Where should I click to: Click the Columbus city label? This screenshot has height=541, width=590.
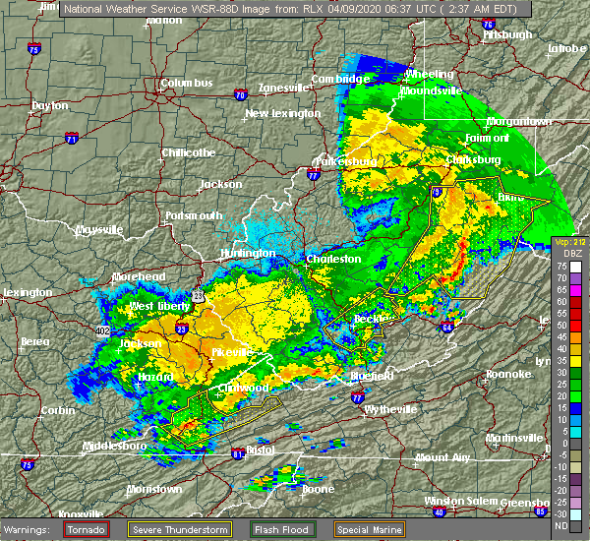pyautogui.click(x=187, y=84)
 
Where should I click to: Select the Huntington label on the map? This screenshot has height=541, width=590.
pyautogui.click(x=248, y=253)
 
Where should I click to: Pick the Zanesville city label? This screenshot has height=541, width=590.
pyautogui.click(x=284, y=88)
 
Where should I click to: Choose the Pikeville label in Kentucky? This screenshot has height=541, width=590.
pyautogui.click(x=233, y=351)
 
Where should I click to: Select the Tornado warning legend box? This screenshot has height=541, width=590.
pyautogui.click(x=87, y=528)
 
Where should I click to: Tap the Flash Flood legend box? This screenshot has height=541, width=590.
pyautogui.click(x=284, y=528)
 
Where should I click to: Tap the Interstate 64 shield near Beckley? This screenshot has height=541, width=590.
pyautogui.click(x=448, y=328)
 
